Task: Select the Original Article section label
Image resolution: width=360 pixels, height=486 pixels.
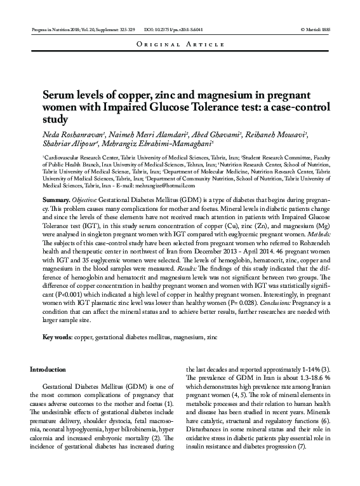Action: (180, 45)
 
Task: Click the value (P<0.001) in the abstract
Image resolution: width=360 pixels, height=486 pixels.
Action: (68, 290)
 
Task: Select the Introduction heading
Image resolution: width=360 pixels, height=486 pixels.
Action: (48, 369)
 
